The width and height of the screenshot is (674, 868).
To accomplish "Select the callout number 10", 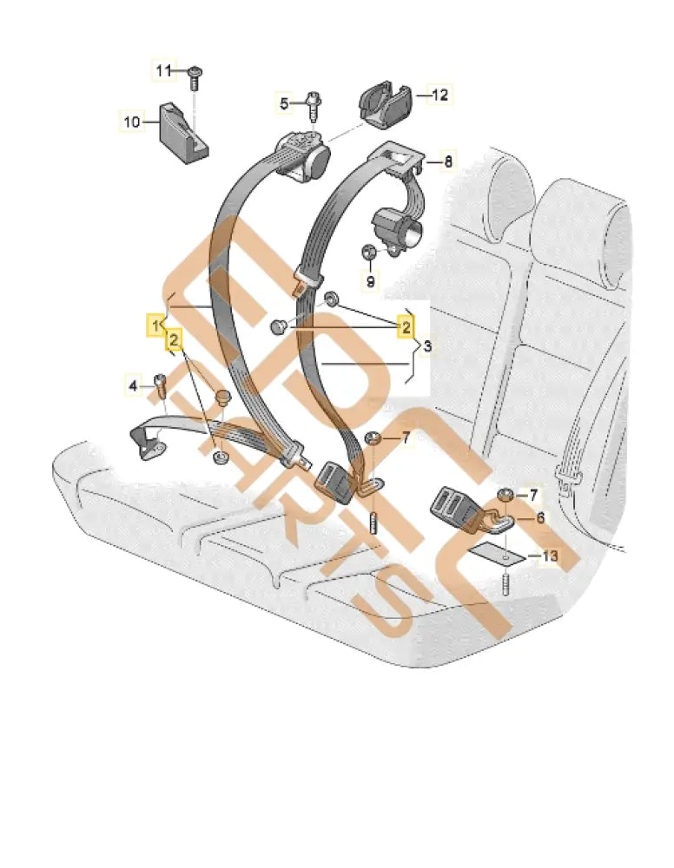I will pyautogui.click(x=130, y=122).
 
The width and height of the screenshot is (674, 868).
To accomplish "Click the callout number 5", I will pyautogui.click(x=283, y=104).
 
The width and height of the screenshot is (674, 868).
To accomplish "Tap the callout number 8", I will pyautogui.click(x=448, y=161).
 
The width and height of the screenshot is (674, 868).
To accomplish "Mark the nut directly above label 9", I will pyautogui.click(x=369, y=253).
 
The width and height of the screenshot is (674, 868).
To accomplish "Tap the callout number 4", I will pyautogui.click(x=134, y=384).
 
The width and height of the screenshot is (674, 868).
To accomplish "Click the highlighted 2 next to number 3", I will pyautogui.click(x=405, y=326).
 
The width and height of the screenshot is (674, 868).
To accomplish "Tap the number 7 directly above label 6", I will pyautogui.click(x=534, y=495).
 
